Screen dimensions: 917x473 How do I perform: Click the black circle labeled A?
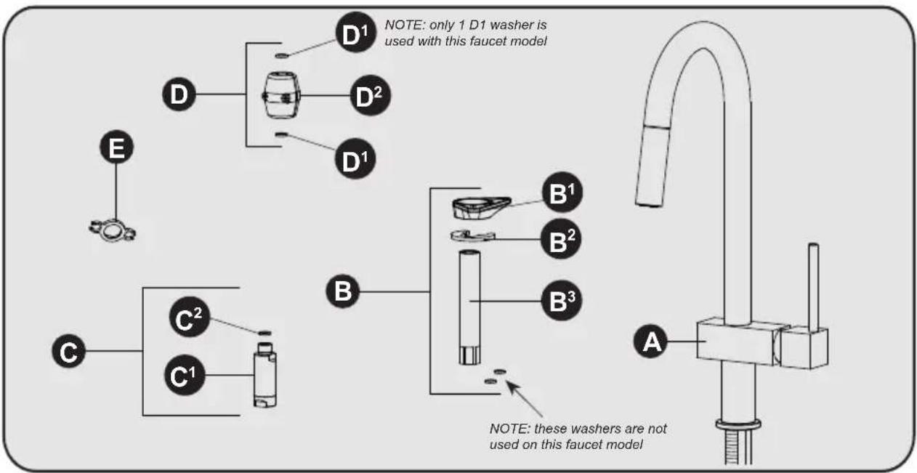[x=651, y=341]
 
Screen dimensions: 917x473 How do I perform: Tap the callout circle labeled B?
[x=343, y=291]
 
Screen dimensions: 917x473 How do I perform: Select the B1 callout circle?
[x=562, y=192]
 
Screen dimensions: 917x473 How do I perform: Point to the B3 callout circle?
[x=561, y=300]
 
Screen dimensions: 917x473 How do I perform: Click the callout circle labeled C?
[x=69, y=351]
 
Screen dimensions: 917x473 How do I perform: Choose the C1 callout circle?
[x=185, y=375]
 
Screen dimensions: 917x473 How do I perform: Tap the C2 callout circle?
[x=190, y=318]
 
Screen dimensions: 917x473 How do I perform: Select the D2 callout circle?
[x=371, y=95]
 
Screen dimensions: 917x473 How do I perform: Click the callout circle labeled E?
[x=117, y=147]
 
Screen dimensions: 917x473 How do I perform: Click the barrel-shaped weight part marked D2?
[x=280, y=95]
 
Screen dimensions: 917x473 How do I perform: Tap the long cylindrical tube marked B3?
[x=469, y=307]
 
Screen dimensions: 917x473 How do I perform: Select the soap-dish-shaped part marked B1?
[x=481, y=208]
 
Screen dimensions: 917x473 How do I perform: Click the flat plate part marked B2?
[x=473, y=236]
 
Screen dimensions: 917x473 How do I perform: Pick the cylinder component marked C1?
[x=265, y=375]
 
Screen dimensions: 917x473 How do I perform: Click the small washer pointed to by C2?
[x=265, y=333]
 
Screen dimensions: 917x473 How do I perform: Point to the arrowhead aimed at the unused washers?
[x=512, y=386]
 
